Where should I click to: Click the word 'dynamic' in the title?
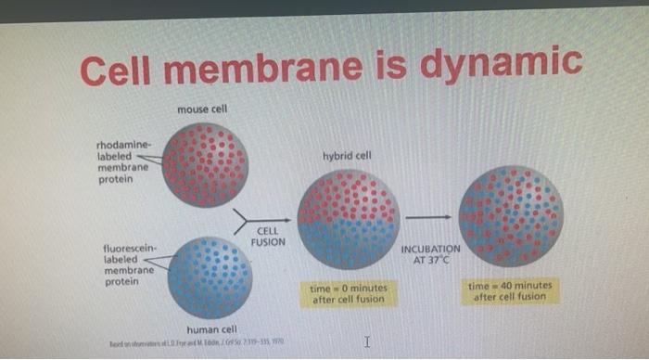(x=502, y=64)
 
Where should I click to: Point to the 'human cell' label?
(x=212, y=329)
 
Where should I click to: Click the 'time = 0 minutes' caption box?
(x=349, y=293)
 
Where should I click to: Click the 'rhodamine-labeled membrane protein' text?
(x=121, y=162)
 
